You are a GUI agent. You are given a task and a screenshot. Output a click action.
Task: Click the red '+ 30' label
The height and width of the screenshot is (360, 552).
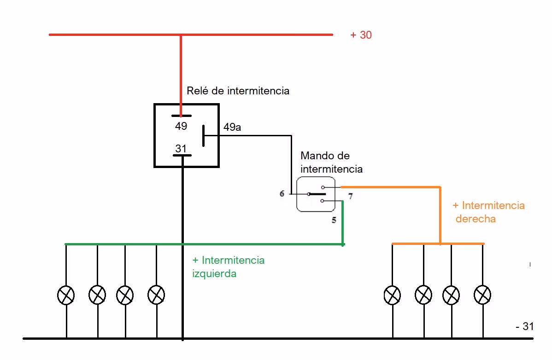(361, 35)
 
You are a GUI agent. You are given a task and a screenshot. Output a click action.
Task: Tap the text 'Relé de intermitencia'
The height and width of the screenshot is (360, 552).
(238, 91)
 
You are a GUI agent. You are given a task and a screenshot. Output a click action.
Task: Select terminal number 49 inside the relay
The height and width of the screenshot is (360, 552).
(181, 126)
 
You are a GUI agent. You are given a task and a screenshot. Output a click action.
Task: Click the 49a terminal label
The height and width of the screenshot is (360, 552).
(232, 127)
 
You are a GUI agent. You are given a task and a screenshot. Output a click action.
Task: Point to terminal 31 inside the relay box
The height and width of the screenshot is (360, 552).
(181, 148)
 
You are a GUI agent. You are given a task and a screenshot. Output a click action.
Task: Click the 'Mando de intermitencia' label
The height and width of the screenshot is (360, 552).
(331, 163)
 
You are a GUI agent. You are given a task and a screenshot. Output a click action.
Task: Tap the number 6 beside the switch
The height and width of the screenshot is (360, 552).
(282, 194)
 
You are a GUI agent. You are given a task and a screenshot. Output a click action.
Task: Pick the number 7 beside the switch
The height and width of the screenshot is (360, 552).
(351, 197)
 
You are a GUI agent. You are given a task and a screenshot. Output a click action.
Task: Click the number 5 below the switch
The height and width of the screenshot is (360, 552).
(334, 220)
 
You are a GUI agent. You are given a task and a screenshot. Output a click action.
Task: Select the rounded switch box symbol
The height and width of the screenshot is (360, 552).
(316, 194)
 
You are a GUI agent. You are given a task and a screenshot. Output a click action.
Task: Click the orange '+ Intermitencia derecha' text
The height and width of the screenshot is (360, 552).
(488, 212)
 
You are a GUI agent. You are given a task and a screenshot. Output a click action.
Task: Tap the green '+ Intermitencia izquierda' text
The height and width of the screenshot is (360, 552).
(228, 267)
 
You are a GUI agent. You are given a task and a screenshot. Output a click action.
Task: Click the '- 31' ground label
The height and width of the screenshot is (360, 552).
(524, 326)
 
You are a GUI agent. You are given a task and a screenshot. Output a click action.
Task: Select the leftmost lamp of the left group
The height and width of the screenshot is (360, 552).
(66, 295)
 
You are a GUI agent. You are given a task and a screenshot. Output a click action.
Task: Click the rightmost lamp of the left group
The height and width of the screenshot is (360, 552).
(157, 295)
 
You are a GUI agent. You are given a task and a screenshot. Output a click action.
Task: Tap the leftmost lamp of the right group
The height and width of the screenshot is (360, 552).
(392, 295)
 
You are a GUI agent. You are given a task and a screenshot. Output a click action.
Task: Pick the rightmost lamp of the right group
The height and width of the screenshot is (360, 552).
(482, 295)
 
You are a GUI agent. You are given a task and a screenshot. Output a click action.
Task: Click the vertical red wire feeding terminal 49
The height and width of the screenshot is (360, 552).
(181, 74)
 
